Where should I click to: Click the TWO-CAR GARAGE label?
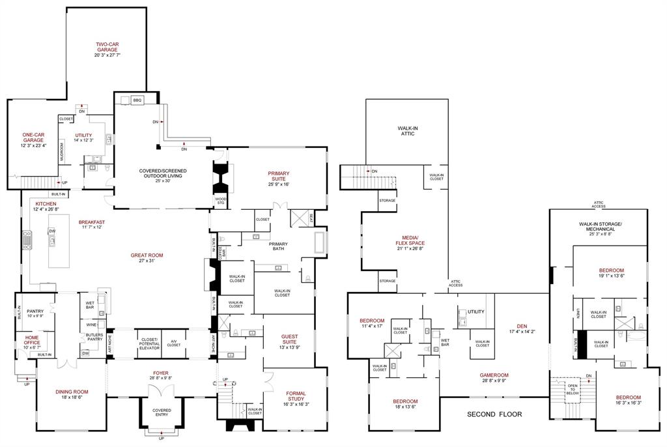pos(107,47)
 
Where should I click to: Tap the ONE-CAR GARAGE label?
pos(33,138)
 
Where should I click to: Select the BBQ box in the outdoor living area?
pos(137,100)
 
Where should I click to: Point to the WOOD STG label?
pos(221,201)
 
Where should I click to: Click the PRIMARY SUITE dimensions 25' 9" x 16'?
pos(278,184)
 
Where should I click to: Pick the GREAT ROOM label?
pos(146,255)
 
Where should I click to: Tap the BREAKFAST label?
pos(92,222)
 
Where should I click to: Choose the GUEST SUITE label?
pos(289,339)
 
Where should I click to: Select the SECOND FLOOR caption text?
pos(494,414)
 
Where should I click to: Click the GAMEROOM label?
pos(494,375)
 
